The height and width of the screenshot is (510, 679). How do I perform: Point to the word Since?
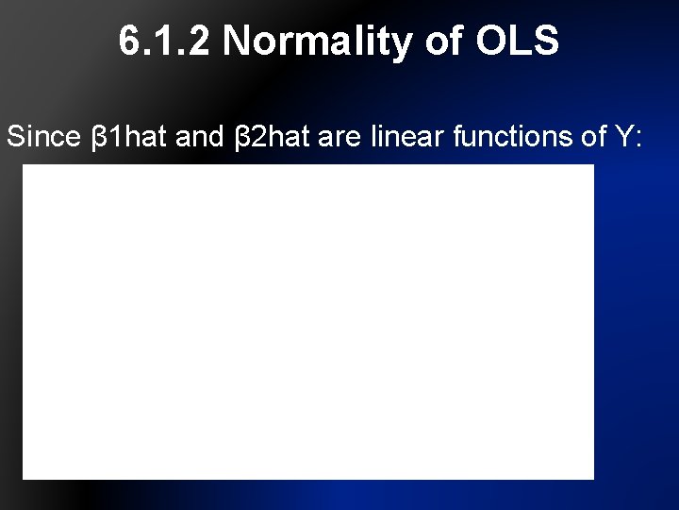pyautogui.click(x=43, y=137)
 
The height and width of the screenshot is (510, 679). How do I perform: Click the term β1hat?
pyautogui.click(x=129, y=137)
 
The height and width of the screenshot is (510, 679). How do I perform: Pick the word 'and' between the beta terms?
pyautogui.click(x=200, y=137)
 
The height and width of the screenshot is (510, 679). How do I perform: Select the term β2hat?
pyautogui.click(x=272, y=137)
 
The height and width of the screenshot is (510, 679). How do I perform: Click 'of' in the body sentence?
pyautogui.click(x=595, y=137)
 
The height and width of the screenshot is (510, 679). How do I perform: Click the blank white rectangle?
pyautogui.click(x=308, y=321)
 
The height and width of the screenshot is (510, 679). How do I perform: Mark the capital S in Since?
pyautogui.click(x=15, y=137)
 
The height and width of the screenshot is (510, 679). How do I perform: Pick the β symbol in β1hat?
pyautogui.click(x=97, y=138)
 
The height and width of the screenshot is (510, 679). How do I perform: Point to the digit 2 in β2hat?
pyautogui.click(x=248, y=137)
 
